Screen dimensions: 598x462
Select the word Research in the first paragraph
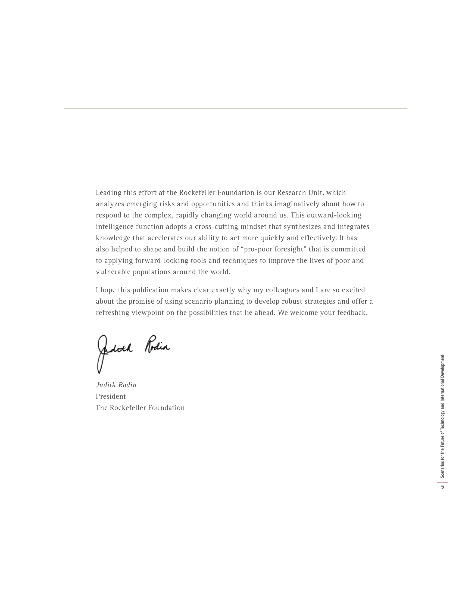(x=292, y=193)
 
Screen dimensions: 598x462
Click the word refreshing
(x=113, y=313)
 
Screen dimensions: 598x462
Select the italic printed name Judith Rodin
(x=116, y=385)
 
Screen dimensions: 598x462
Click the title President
(x=111, y=397)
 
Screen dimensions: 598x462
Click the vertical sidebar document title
(x=442, y=416)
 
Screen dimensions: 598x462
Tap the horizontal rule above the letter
(x=235, y=109)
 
